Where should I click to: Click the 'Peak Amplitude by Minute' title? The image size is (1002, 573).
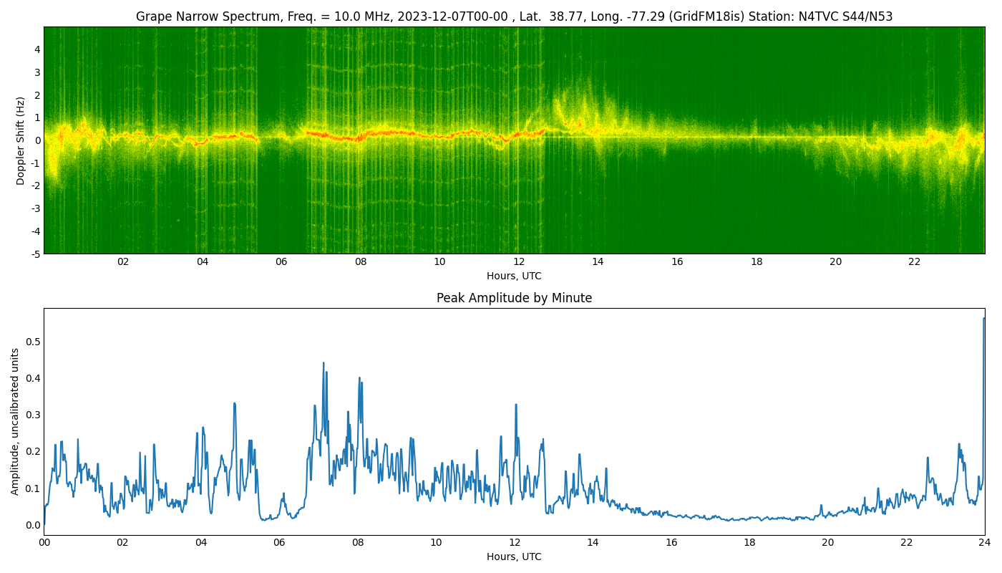click(514, 298)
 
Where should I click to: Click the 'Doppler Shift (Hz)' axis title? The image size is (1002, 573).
click(20, 141)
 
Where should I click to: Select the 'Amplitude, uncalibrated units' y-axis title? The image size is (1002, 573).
click(15, 422)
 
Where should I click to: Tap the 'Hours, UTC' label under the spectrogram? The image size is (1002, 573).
click(514, 276)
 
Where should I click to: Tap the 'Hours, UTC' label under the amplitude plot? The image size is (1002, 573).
click(514, 557)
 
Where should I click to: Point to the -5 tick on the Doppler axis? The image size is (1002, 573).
click(35, 254)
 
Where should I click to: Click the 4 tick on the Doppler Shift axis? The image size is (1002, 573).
click(37, 49)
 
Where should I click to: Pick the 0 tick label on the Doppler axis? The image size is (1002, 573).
click(37, 140)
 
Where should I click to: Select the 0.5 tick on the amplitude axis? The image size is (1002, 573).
click(33, 342)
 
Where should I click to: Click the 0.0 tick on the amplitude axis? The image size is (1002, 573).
click(33, 525)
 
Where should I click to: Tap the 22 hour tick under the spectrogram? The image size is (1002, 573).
click(915, 262)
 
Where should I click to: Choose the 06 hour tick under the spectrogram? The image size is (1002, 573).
click(281, 262)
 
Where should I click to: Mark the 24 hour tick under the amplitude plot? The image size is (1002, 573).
click(984, 543)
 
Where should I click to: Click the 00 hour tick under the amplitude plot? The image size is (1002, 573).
click(44, 543)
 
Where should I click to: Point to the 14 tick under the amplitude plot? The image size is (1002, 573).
click(593, 543)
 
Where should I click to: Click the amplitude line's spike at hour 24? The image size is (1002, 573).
click(983, 318)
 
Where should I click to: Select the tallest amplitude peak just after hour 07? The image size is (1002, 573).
click(324, 363)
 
